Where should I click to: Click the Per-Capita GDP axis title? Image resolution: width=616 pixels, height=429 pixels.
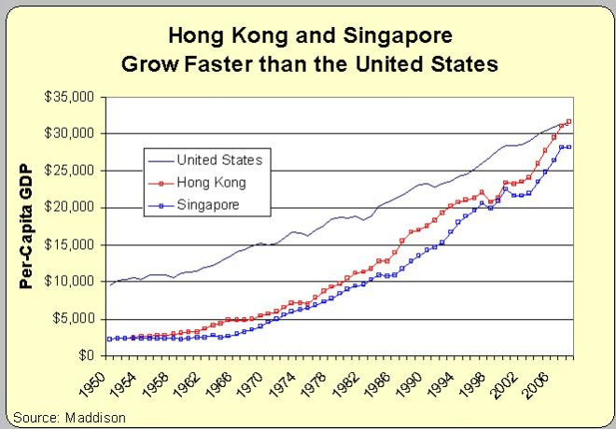(x=27, y=225)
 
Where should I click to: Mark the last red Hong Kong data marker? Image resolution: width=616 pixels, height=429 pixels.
(x=569, y=121)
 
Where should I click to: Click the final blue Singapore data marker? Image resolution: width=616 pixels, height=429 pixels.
(x=569, y=147)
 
